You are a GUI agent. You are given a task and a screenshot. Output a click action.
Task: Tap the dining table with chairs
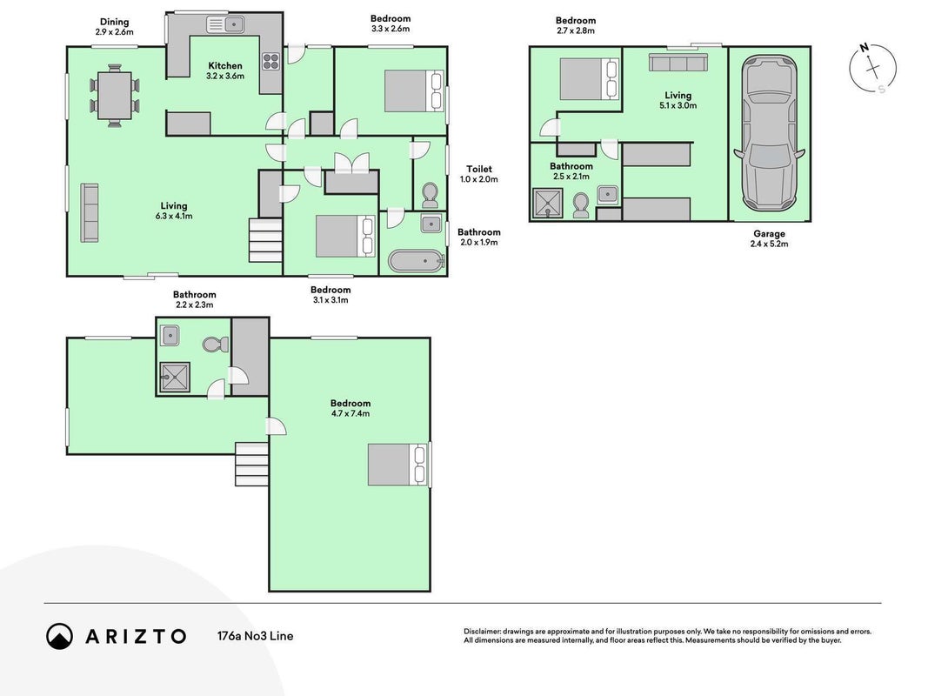(x=114, y=96)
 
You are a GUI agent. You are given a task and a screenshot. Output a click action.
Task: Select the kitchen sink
(x=225, y=25)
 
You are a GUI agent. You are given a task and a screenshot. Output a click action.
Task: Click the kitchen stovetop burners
(x=271, y=62)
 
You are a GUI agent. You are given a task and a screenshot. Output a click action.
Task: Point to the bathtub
(x=416, y=260)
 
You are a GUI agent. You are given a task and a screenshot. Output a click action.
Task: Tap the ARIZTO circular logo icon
(x=59, y=636)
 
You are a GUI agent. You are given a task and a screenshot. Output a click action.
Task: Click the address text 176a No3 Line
(x=255, y=636)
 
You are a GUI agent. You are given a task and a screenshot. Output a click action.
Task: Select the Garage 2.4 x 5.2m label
(x=769, y=238)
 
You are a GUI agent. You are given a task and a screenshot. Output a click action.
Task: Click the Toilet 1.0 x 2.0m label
(x=479, y=174)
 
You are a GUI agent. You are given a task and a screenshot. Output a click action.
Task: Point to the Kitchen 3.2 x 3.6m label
(x=225, y=70)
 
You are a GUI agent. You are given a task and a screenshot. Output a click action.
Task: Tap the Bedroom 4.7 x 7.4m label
(x=351, y=408)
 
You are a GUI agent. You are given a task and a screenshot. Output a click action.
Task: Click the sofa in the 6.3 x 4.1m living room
(x=90, y=212)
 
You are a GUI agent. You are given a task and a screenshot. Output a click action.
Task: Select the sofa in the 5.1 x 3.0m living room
(x=678, y=62)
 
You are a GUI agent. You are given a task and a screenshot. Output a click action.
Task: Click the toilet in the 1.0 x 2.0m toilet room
(x=430, y=196)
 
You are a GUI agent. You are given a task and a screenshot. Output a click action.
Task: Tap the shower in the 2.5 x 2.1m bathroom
(x=549, y=204)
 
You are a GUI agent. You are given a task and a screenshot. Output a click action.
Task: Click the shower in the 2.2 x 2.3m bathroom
(x=175, y=377)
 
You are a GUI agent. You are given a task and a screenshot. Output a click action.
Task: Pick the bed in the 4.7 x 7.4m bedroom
(x=397, y=465)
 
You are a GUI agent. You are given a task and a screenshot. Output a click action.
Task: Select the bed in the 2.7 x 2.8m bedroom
(x=590, y=78)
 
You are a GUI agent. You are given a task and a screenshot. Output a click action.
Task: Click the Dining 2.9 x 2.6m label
(x=114, y=27)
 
